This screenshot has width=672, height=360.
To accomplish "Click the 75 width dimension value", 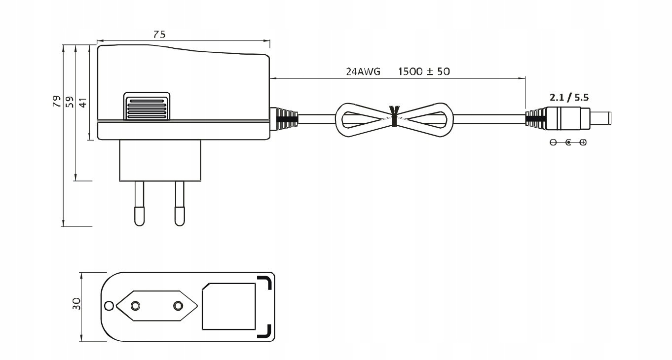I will (x=159, y=34).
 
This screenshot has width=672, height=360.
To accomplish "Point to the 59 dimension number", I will (x=70, y=102).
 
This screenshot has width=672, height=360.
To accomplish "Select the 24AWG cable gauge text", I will (x=363, y=72).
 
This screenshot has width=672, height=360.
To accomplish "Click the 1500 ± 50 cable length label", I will (x=424, y=72).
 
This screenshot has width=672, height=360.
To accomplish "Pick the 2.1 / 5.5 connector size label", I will (x=569, y=98).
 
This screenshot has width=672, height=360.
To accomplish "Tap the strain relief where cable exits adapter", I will (x=285, y=119).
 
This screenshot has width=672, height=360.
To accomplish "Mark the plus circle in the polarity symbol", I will (x=584, y=143).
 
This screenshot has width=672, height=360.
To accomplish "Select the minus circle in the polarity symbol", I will (x=553, y=143).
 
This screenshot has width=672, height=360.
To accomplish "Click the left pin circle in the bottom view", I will (x=135, y=306).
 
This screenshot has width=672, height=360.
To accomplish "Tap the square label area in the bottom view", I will (x=228, y=306).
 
